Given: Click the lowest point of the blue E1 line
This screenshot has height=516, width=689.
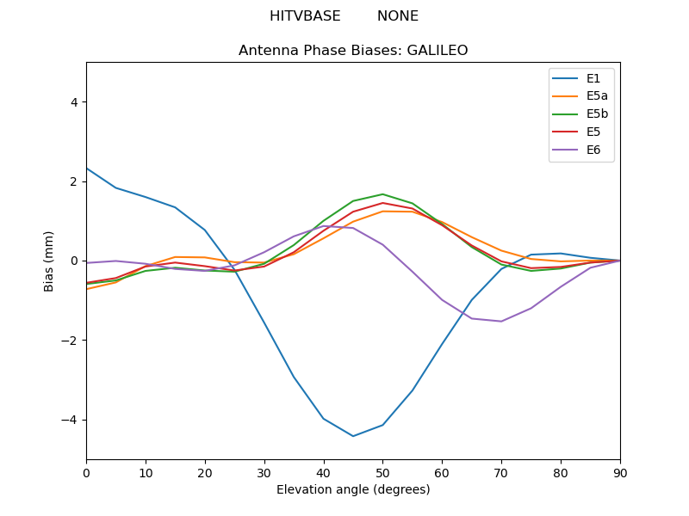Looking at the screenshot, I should tap(353, 436).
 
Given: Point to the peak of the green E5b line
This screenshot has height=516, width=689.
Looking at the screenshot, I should tap(382, 194).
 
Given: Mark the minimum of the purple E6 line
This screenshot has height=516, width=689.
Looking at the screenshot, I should tap(501, 322).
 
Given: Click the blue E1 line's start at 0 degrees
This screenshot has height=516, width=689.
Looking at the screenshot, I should tap(87, 169).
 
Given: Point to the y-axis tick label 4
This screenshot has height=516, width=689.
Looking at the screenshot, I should tap(73, 102).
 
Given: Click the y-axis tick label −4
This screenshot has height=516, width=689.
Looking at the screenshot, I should tap(70, 420).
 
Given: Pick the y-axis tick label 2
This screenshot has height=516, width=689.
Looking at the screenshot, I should tap(73, 181).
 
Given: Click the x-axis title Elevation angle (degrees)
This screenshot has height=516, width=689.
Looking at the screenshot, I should tap(353, 490).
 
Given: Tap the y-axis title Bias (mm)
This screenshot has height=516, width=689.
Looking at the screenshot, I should tap(50, 261).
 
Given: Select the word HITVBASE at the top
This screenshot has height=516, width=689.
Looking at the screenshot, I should tap(305, 16).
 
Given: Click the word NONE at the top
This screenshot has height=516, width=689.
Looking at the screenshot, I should tap(398, 16).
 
